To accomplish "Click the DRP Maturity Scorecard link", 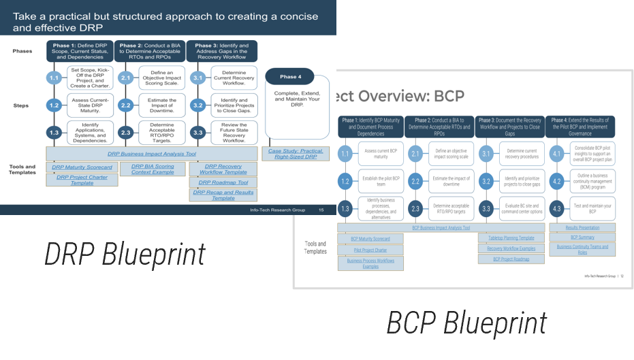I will tap(82, 167).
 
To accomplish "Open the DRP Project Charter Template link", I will tap(82, 180).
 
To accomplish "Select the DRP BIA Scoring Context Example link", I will tap(153, 169).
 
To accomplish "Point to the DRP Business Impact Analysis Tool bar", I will tap(152, 154).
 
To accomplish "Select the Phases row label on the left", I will tap(22, 51).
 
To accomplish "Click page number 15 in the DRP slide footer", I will tap(321, 210).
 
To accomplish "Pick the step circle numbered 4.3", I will tap(556, 209).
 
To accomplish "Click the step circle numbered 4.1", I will tap(556, 154).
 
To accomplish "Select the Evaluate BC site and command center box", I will tap(522, 209).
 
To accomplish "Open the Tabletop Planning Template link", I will tap(511, 238).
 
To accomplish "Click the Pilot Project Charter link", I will tap(370, 250).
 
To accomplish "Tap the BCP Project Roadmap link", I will tap(511, 259).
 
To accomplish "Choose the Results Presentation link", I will tap(582, 227).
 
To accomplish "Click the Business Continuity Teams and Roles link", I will tap(582, 250).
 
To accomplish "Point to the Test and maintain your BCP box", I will tap(592, 209).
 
